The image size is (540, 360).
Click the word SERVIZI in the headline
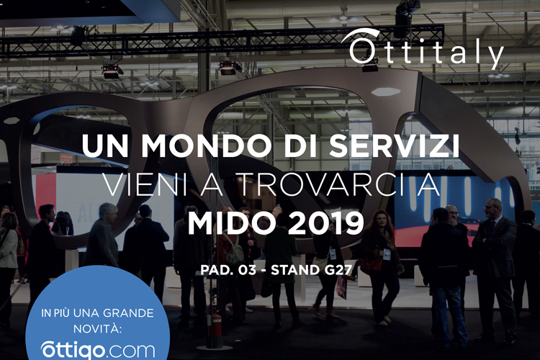tap(394, 145)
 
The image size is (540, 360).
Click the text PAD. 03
tap(228, 270)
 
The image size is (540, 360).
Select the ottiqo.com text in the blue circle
tap(98, 351)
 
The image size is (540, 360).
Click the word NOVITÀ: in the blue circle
tap(98, 328)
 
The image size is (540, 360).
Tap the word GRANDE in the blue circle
tap(128, 313)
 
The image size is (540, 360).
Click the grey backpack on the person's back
tap(233, 251)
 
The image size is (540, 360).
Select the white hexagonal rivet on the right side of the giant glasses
tap(386, 91)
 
